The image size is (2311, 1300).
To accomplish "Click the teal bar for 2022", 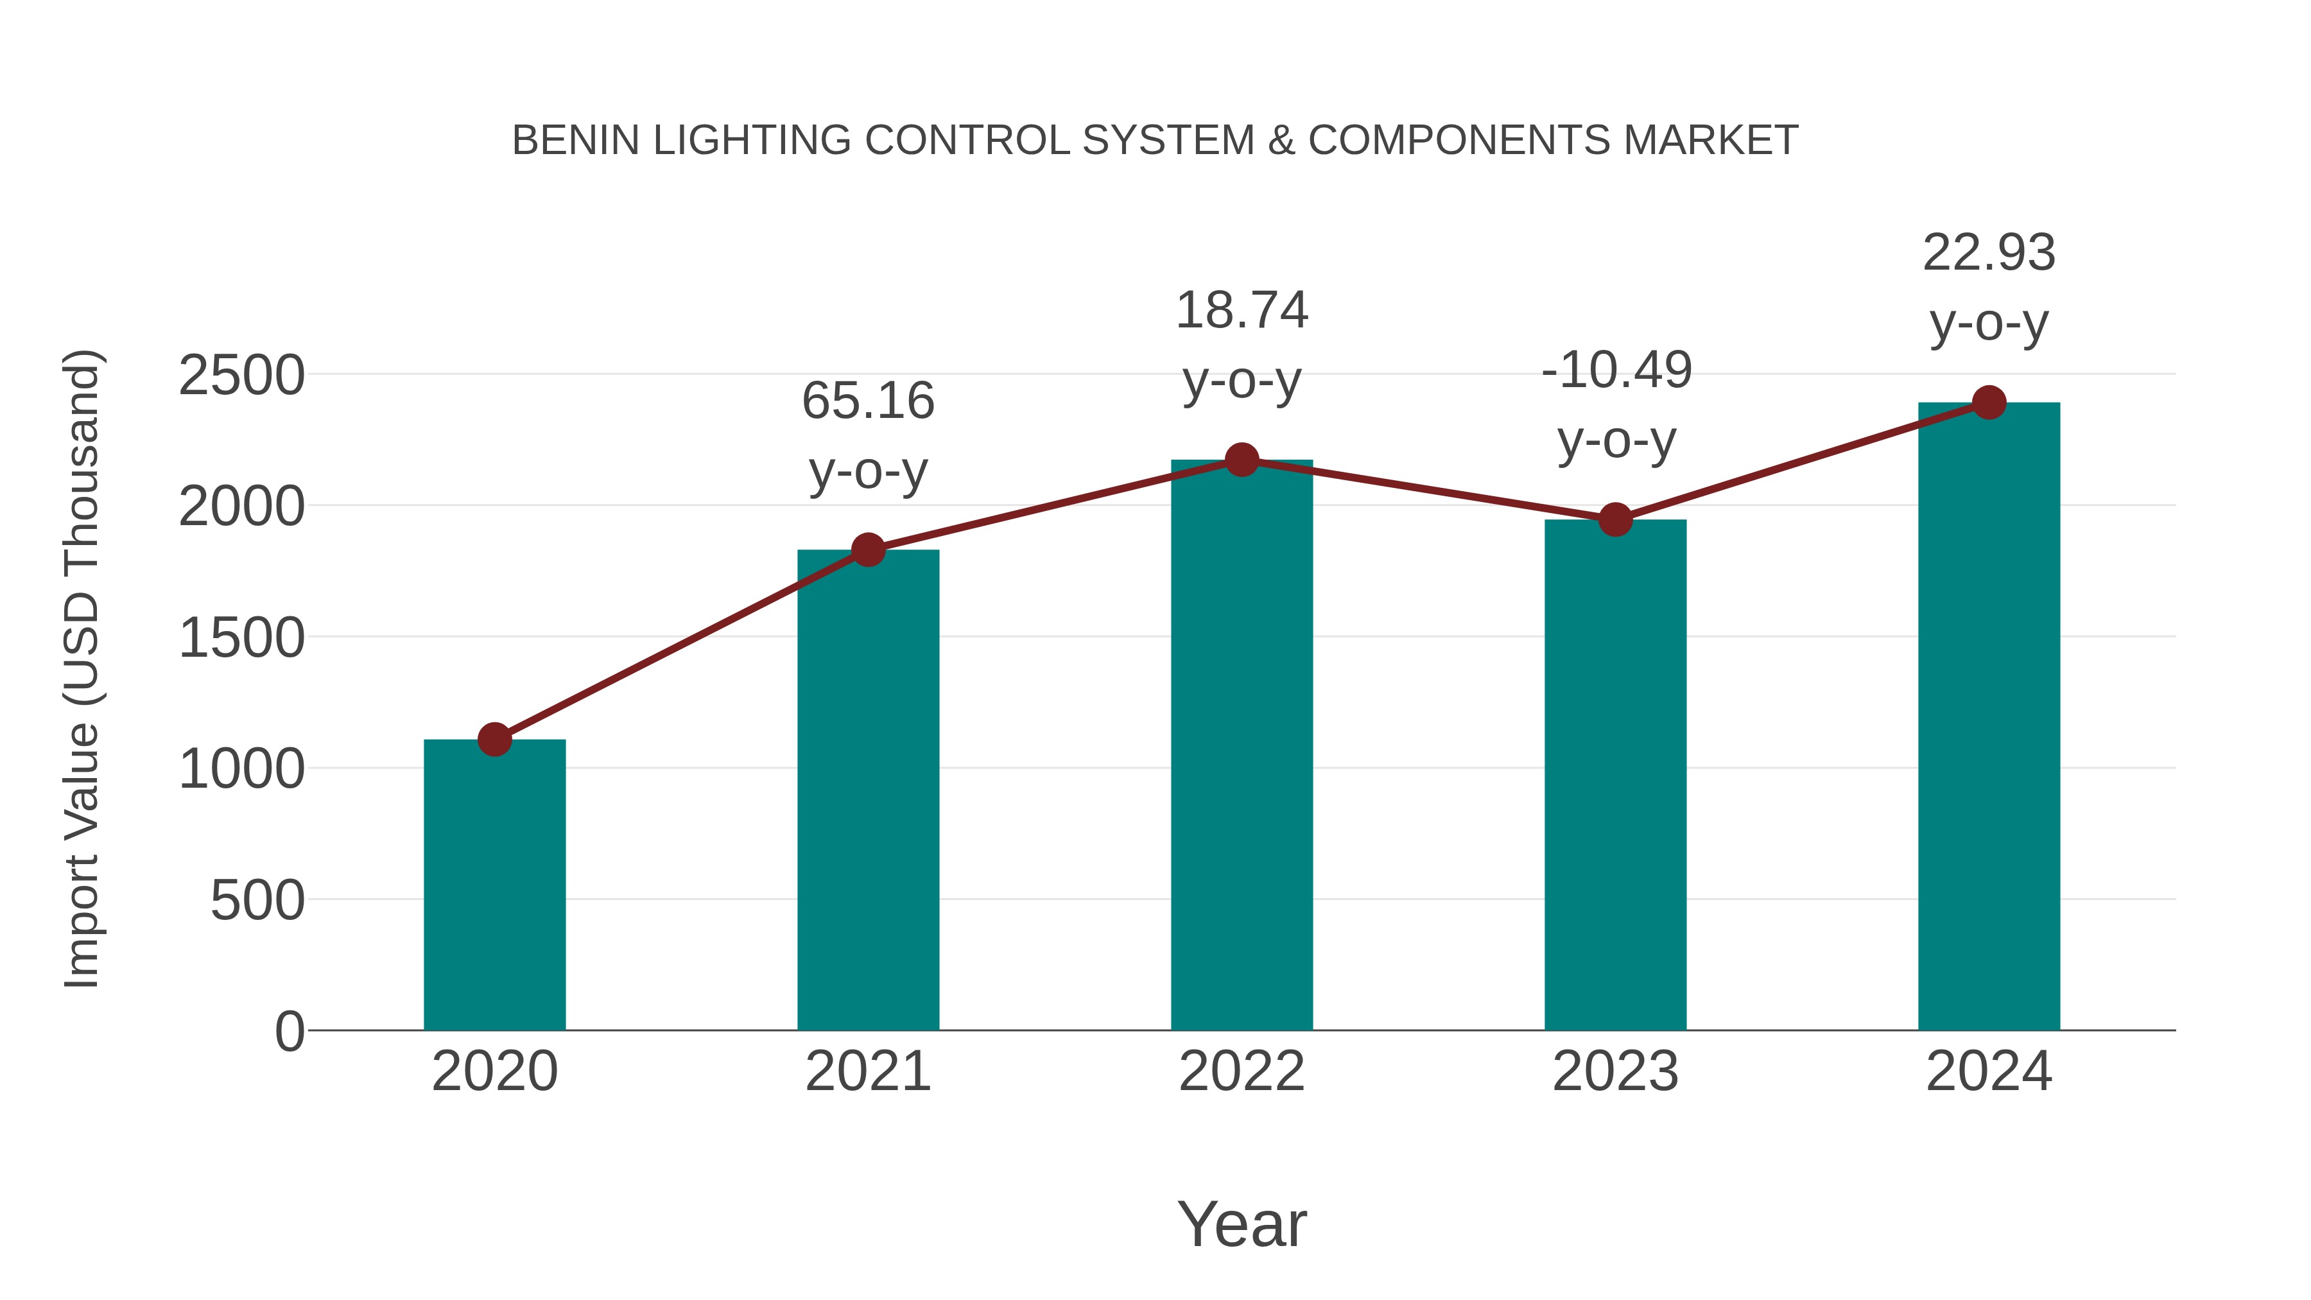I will coord(1242,745).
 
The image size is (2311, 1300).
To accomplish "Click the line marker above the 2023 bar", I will coord(1615,519).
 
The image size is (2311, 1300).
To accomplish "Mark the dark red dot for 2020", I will coord(494,740).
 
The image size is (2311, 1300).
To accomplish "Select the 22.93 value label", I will coord(1989,252).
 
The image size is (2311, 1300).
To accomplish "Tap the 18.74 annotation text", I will coord(1242,311).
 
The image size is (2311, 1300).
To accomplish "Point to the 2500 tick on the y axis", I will coord(241,375).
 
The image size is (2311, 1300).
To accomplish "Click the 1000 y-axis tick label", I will coord(241,769).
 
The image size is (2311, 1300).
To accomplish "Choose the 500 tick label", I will coord(257,900).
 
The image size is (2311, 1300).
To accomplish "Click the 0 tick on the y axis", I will coord(290,1031).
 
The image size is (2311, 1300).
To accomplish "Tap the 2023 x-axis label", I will coord(1615,1071).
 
